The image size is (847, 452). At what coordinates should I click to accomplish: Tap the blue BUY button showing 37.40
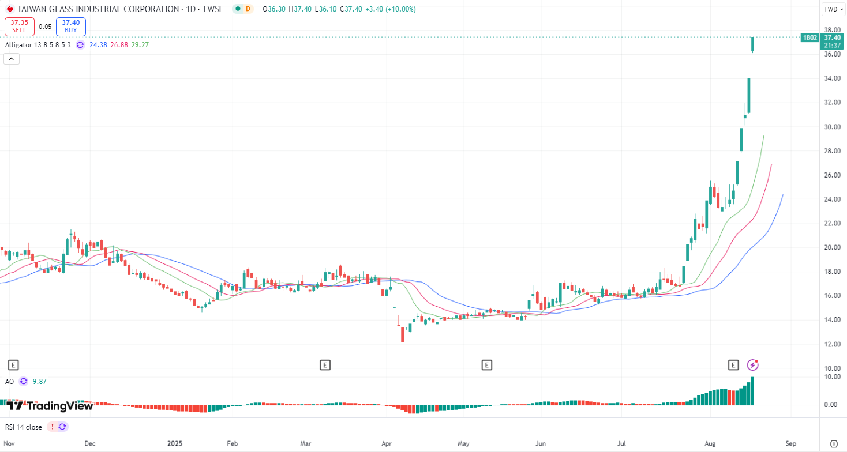70,26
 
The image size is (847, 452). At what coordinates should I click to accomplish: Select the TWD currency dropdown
833,9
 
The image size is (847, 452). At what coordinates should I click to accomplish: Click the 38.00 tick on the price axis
831,30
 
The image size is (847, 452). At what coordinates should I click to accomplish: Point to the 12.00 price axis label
831,344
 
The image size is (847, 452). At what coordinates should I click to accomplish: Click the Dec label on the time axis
89,444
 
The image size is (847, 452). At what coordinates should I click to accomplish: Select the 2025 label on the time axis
174,444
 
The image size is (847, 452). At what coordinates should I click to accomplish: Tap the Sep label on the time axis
790,444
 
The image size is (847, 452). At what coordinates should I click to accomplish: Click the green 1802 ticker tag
809,37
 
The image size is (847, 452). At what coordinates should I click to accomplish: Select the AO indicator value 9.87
39,381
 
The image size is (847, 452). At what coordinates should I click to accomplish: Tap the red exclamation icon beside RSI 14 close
52,427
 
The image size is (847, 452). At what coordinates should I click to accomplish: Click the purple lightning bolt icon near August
753,364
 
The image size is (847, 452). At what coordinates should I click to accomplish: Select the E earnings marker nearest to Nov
13,364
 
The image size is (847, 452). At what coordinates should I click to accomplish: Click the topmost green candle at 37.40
753,44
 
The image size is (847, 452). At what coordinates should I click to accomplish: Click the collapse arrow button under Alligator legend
12,58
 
